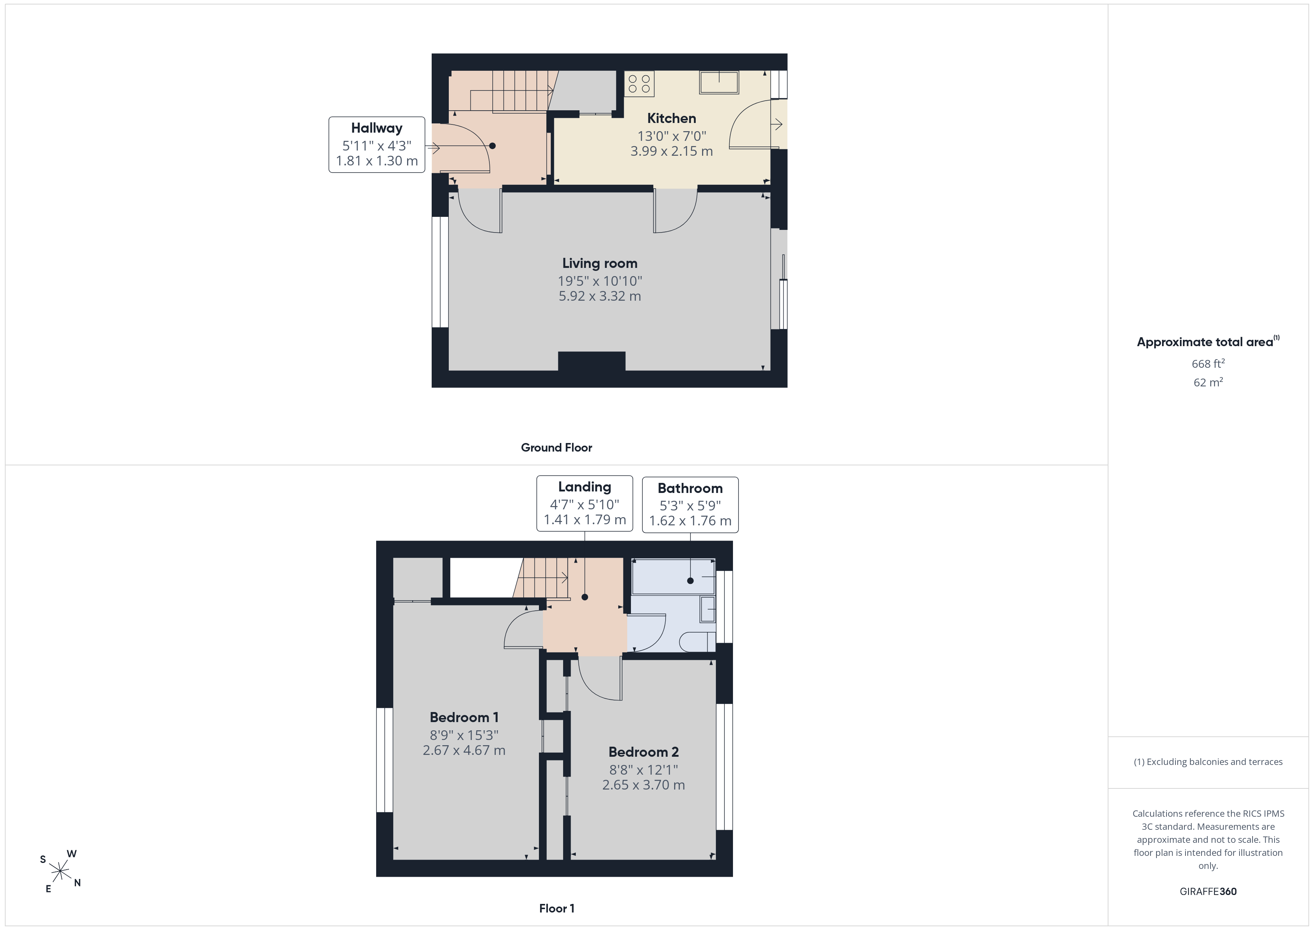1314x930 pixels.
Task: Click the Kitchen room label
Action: tap(671, 118)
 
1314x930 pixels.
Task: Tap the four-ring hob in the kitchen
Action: tap(639, 83)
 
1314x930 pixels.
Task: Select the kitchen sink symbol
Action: tap(719, 82)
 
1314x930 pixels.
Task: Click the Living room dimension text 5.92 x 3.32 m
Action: tap(600, 296)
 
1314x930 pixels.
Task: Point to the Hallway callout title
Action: tap(377, 128)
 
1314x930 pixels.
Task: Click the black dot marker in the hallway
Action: tap(492, 146)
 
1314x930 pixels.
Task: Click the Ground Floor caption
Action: tap(556, 448)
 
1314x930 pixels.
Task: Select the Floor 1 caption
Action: tap(557, 908)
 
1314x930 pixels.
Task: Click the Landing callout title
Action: tap(584, 487)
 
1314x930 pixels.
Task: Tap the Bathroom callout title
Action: tap(690, 488)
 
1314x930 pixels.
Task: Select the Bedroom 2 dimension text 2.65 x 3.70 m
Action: tap(643, 785)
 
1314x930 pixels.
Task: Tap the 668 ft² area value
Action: tap(1208, 364)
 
